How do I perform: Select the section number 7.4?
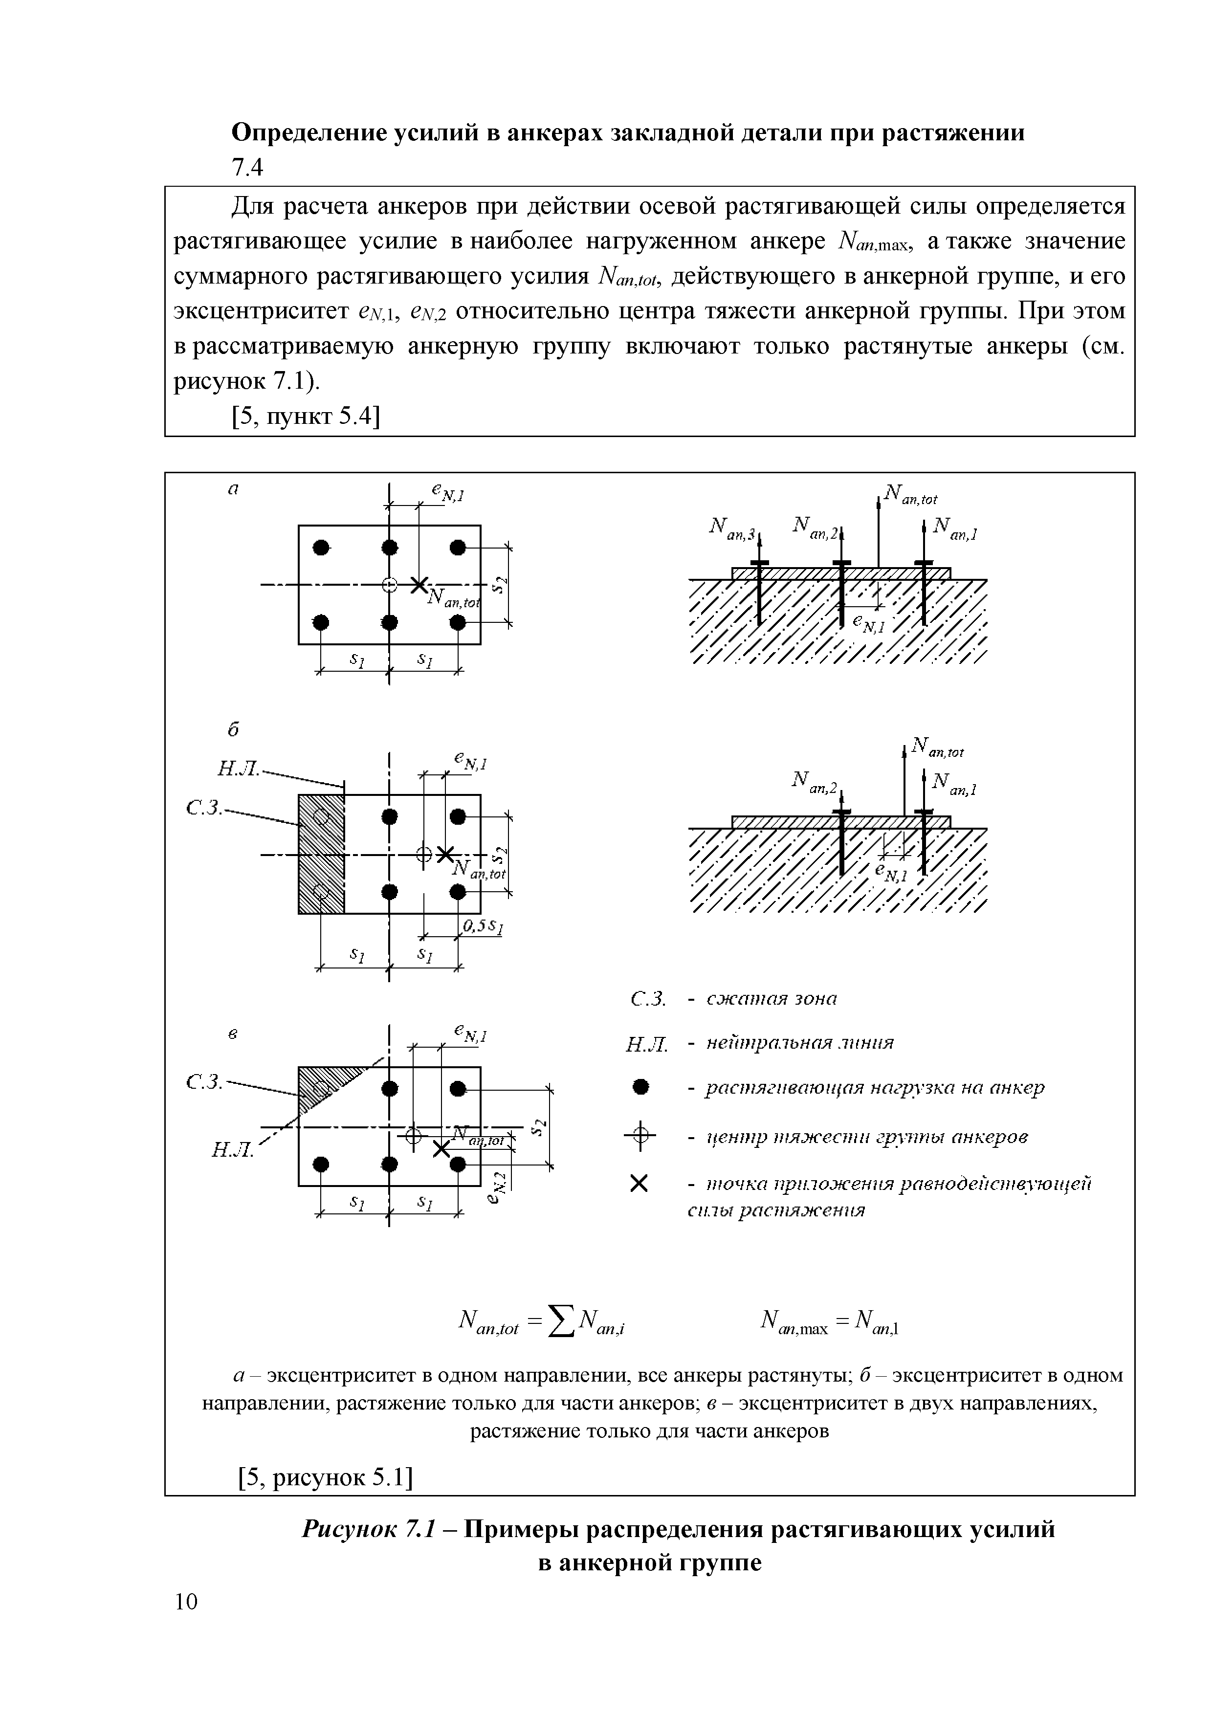tap(247, 169)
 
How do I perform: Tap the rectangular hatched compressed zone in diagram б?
tap(321, 853)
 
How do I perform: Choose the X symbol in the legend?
tap(639, 1184)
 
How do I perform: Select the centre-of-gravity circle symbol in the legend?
tap(639, 1138)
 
